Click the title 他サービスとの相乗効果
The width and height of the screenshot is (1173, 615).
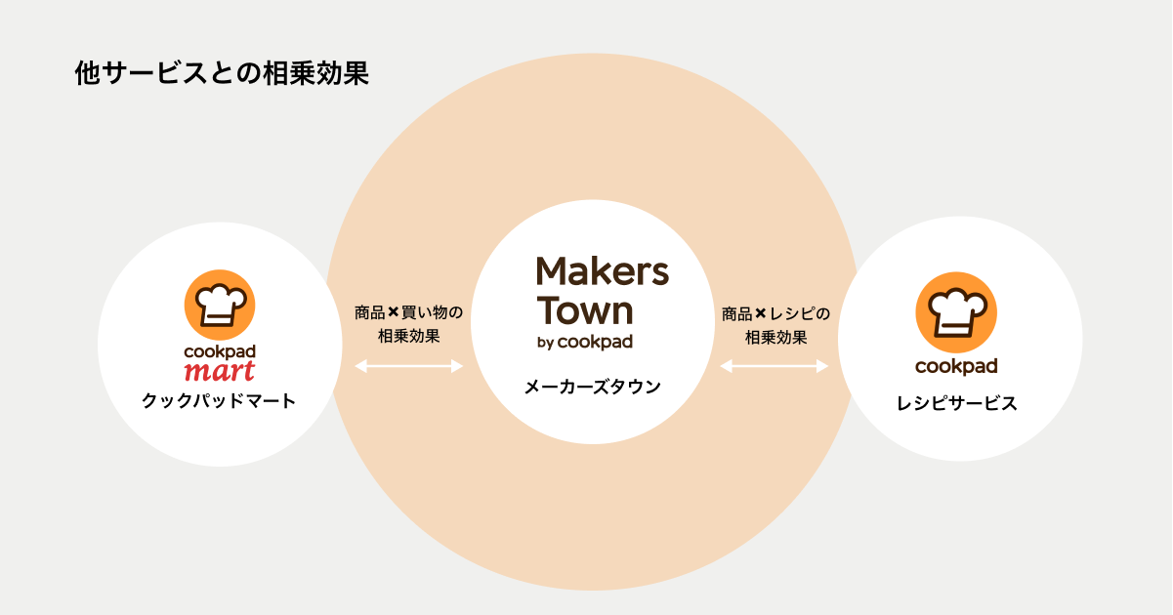(x=222, y=74)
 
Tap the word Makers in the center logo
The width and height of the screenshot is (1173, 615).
(x=603, y=271)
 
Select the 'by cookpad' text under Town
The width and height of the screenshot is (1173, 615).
(x=585, y=343)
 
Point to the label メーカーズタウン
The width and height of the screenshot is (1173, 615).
(x=592, y=387)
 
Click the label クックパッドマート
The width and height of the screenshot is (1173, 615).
(x=219, y=400)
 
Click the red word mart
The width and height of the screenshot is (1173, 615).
(x=220, y=371)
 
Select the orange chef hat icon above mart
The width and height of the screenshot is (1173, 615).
(x=220, y=305)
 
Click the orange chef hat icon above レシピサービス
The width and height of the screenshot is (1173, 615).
(x=956, y=307)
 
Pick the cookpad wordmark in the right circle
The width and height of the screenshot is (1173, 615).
(x=956, y=366)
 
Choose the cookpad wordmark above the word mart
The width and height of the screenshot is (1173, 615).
(x=220, y=350)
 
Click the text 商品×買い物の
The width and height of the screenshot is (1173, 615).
(x=408, y=313)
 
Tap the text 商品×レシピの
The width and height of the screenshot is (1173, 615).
(x=775, y=313)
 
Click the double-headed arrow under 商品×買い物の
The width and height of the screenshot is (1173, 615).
(x=408, y=366)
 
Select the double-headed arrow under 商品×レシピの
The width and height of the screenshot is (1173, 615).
(x=775, y=366)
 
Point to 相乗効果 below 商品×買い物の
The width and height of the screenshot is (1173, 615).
(x=408, y=337)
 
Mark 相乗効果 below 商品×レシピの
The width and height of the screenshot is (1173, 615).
(x=775, y=337)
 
